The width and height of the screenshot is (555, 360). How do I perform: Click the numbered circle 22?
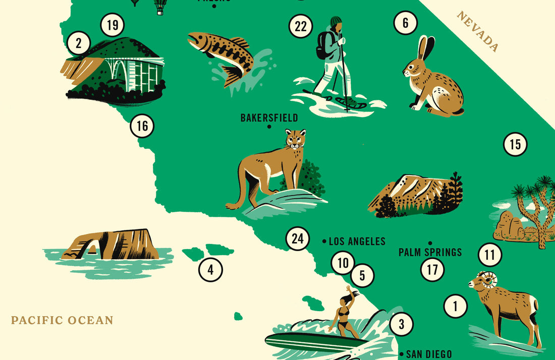tap(300, 26)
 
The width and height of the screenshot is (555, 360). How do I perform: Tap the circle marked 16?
tap(142, 126)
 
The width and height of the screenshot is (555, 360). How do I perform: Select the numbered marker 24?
tap(298, 239)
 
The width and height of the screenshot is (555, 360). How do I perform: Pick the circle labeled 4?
tap(210, 270)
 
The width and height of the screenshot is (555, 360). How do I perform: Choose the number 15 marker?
tap(515, 145)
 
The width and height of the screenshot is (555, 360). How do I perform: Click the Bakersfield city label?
tap(269, 118)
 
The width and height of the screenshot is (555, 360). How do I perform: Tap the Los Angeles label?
tap(357, 242)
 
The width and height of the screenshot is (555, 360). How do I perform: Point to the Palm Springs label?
tap(430, 252)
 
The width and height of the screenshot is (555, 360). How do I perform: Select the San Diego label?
tap(429, 354)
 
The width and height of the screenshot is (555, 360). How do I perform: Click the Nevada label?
tap(478, 32)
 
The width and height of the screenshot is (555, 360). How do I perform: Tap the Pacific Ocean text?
tap(62, 320)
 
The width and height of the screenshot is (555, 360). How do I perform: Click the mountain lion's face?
tap(295, 139)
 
